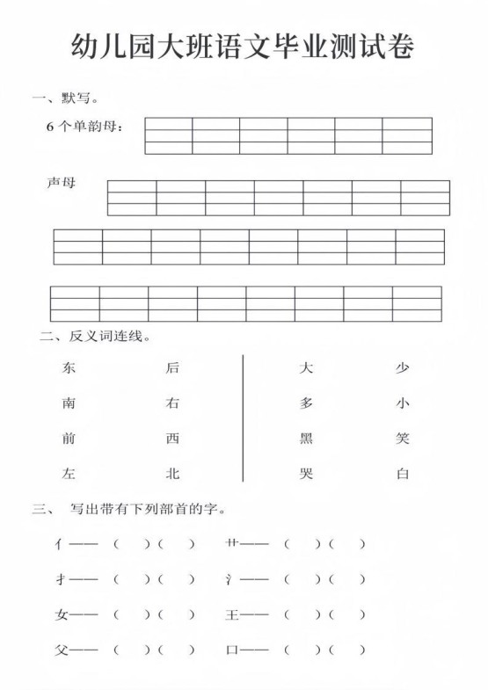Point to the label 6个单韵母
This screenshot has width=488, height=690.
tap(85, 127)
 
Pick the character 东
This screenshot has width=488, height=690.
tap(69, 368)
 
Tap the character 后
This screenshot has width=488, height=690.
tap(172, 368)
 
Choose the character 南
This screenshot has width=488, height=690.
tap(69, 403)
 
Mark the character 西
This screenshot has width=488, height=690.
tap(172, 439)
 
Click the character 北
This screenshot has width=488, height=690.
tap(172, 474)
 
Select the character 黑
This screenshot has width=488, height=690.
tap(307, 439)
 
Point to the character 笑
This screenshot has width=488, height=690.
tap(403, 439)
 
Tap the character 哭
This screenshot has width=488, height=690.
tap(307, 474)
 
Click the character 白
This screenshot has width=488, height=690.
tap(403, 474)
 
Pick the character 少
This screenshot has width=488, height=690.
tap(403, 368)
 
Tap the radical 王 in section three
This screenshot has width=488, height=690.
tap(232, 615)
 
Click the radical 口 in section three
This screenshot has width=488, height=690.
tap(232, 650)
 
